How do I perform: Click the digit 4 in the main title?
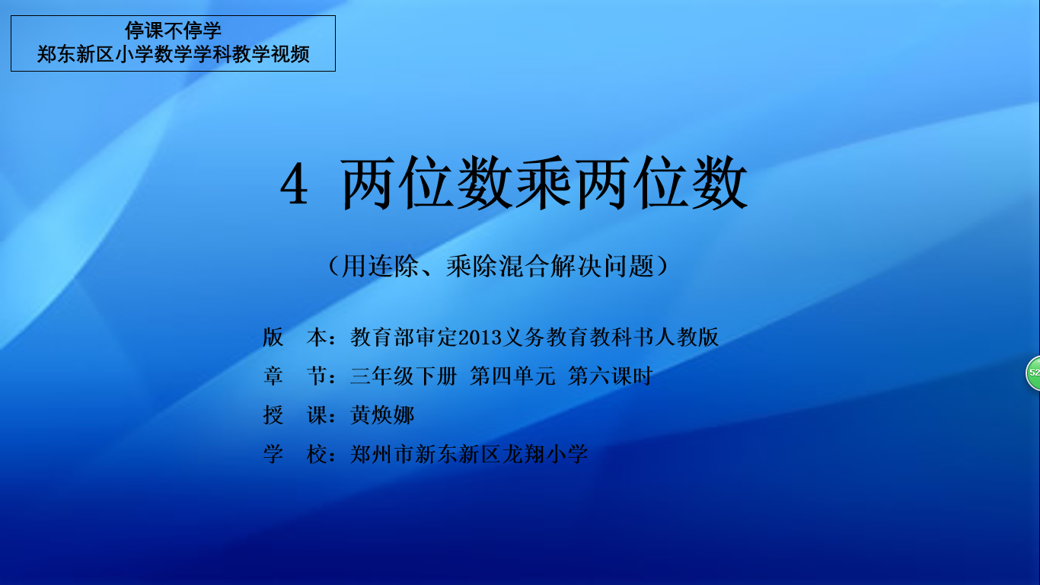click(294, 185)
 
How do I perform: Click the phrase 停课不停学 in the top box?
click(173, 30)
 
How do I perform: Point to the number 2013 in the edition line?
click(480, 337)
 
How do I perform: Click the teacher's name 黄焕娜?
click(381, 415)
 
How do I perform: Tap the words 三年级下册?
click(404, 376)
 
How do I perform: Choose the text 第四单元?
click(512, 376)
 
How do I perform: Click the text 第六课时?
click(611, 376)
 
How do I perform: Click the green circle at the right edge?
click(1033, 372)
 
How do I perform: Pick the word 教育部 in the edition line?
click(381, 337)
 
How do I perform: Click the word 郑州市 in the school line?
click(381, 454)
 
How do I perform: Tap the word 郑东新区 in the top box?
click(75, 54)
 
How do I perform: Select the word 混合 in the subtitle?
click(524, 267)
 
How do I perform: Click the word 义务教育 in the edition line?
click(545, 337)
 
